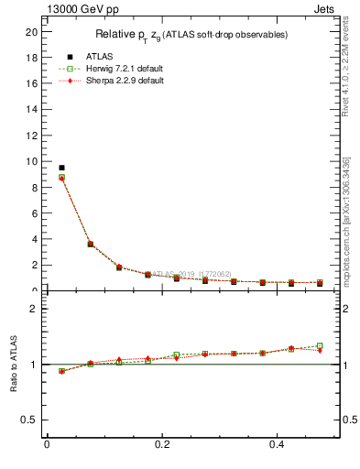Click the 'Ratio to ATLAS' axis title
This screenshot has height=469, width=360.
(x=15, y=364)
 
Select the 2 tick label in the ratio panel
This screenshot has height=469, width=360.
(x=34, y=309)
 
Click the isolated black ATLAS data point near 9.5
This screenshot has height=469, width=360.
(x=61, y=168)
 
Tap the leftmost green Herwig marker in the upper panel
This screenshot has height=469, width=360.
(x=61, y=178)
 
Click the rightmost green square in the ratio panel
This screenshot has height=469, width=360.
(x=320, y=346)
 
